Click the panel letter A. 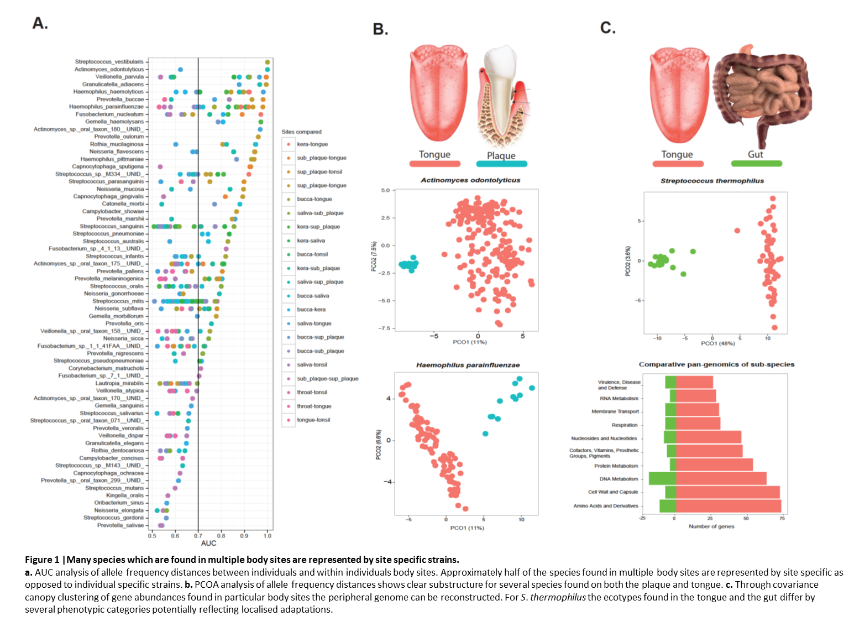coord(40,23)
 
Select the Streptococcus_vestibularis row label coord(109,62)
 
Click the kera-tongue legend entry coord(312,144)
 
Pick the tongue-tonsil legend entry coord(313,420)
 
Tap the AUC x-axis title coord(208,544)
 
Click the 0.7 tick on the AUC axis coord(198,535)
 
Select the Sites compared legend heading coord(301,132)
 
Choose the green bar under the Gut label coord(756,164)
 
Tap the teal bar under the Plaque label coord(501,164)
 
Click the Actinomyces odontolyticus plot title coord(470,180)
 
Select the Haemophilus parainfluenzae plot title coord(468,365)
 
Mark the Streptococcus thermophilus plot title coord(712,181)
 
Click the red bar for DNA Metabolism coord(721,479)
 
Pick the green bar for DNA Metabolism coord(662,479)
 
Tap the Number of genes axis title coord(711,526)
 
